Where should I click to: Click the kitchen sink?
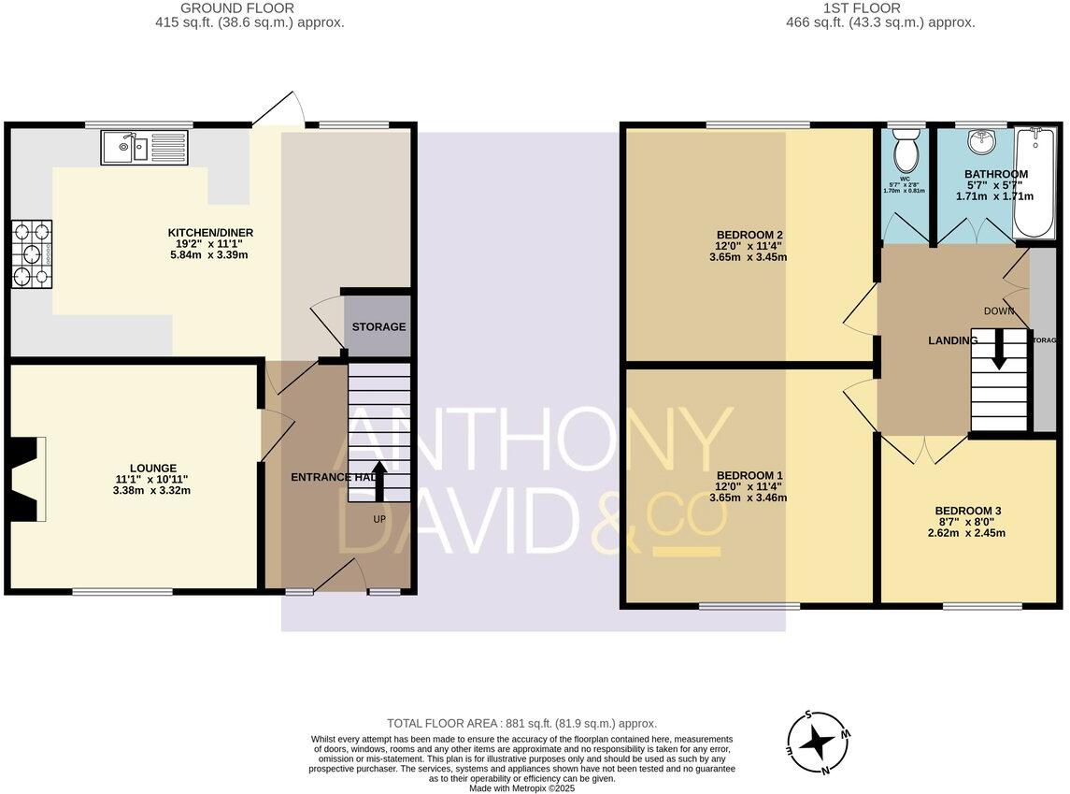(x=145, y=147)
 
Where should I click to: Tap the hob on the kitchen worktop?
(x=31, y=253)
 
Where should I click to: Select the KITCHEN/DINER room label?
(x=210, y=233)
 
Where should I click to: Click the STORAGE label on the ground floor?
(x=378, y=326)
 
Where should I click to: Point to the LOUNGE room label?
(x=153, y=468)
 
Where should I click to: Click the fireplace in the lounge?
(x=23, y=479)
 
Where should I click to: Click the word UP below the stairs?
(x=379, y=518)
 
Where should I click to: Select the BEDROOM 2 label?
(x=749, y=235)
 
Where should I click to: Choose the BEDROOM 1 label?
(x=749, y=475)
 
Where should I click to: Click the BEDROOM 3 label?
(x=967, y=511)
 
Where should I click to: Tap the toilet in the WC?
(x=906, y=149)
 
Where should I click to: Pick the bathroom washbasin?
(x=980, y=142)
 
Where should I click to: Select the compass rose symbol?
(x=820, y=743)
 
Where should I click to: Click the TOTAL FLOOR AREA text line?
(x=521, y=723)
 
